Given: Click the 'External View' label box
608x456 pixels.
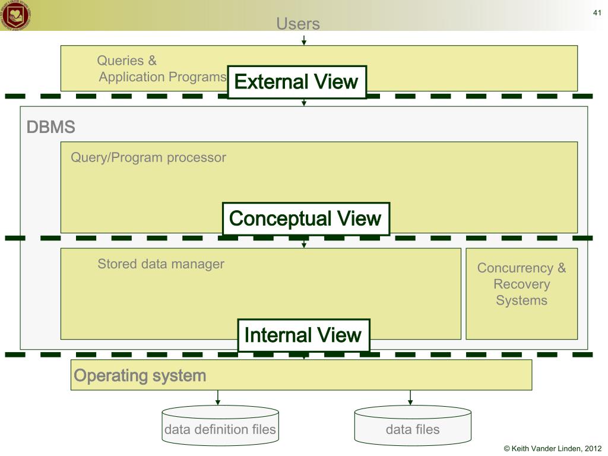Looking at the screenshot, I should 297,82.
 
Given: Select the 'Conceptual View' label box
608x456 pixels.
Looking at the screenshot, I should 306,218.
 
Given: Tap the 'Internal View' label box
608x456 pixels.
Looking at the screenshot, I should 303,335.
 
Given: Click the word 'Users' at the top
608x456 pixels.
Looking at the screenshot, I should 298,24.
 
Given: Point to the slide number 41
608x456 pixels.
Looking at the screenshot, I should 597,14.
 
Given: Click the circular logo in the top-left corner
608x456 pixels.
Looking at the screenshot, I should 16,15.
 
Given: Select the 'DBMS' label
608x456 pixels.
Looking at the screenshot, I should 50,127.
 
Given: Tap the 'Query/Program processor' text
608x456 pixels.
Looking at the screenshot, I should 148,157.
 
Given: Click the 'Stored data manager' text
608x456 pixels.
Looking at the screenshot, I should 161,264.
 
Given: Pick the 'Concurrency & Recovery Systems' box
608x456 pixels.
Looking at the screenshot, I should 521,293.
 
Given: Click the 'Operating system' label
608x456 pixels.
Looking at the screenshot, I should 140,375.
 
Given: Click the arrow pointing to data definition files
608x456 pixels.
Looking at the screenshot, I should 218,398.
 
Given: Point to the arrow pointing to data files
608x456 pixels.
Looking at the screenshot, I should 410,398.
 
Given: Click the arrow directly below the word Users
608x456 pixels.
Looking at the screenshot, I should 304,40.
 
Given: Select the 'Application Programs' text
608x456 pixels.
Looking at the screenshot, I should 163,77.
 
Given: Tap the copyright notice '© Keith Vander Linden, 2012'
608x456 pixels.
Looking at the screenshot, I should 548,449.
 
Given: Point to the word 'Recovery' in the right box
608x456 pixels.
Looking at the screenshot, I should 521,284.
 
